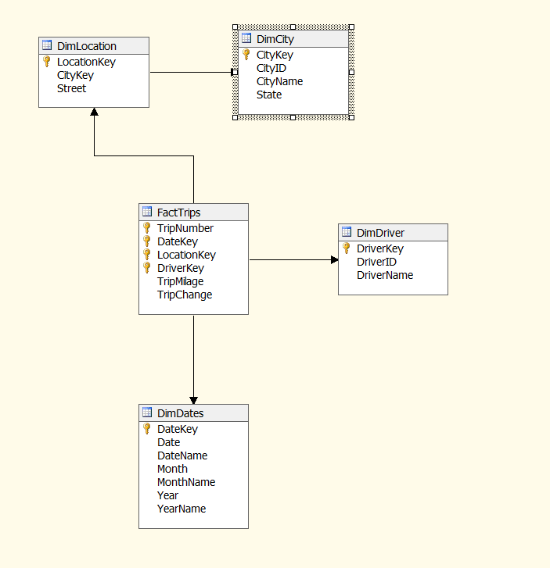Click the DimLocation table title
pyautogui.click(x=86, y=46)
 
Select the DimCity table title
pyautogui.click(x=275, y=38)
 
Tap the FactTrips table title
pyautogui.click(x=178, y=213)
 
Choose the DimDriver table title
pyautogui.click(x=380, y=233)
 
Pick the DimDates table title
pyautogui.click(x=180, y=413)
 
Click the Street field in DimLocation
pyautogui.click(x=71, y=88)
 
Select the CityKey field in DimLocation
pyautogui.click(x=75, y=75)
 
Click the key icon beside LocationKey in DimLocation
pyautogui.click(x=47, y=62)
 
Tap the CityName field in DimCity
pyautogui.click(x=279, y=81)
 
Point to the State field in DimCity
pyautogui.click(x=269, y=95)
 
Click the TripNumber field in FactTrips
pyautogui.click(x=185, y=228)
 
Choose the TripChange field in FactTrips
pyautogui.click(x=185, y=295)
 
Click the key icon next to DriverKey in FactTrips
pyautogui.click(x=146, y=268)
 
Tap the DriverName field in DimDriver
pyautogui.click(x=385, y=275)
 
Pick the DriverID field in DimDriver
pyautogui.click(x=376, y=262)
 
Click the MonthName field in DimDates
pyautogui.click(x=186, y=482)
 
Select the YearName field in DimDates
pyautogui.click(x=182, y=509)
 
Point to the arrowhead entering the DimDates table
pyautogui.click(x=193, y=398)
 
